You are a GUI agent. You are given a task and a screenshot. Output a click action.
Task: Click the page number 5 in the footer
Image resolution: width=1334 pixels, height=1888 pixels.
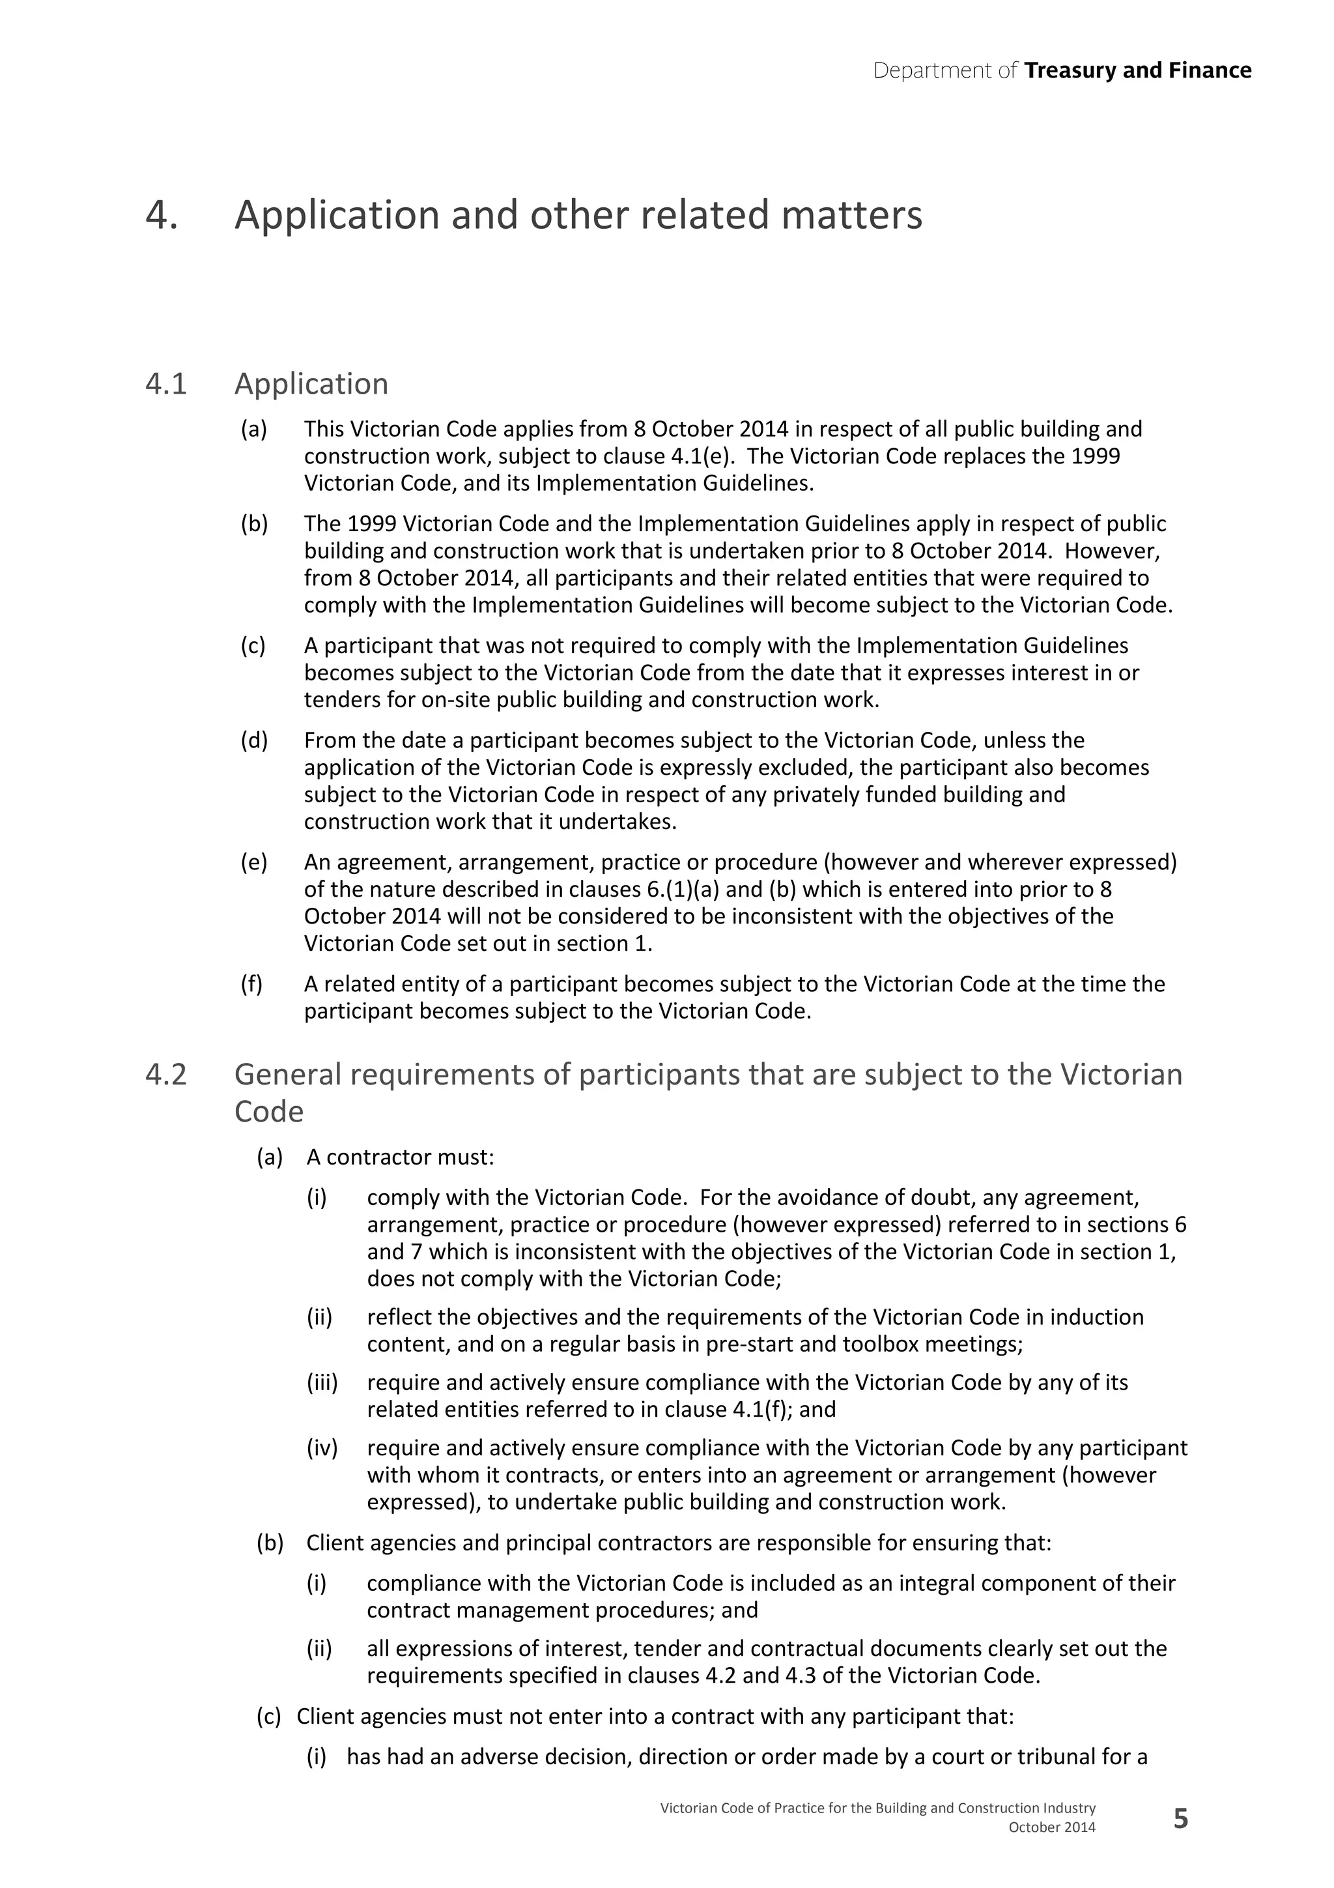pos(1180,1819)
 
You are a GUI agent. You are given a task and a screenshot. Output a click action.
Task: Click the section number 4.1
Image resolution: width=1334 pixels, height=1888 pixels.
pos(166,384)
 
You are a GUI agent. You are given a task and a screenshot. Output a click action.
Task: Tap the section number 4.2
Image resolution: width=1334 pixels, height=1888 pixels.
pos(166,1075)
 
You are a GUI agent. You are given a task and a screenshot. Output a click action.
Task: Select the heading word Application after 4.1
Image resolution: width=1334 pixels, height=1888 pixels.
pos(311,384)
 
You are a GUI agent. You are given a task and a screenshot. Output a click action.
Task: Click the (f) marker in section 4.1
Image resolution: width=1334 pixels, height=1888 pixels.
pos(251,984)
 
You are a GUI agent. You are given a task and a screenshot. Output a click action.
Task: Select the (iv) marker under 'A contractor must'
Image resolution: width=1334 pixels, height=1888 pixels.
pos(322,1448)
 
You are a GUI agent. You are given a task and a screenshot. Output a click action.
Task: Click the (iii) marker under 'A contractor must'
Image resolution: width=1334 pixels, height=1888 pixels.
pos(322,1383)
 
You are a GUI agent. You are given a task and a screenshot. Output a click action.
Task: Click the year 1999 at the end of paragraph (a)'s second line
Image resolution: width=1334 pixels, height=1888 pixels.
pos(1096,456)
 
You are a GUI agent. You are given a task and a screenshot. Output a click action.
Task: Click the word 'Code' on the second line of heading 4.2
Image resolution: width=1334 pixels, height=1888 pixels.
pos(269,1112)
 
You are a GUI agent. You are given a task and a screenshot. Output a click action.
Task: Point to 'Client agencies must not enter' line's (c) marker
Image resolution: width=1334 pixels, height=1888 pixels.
pos(269,1717)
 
